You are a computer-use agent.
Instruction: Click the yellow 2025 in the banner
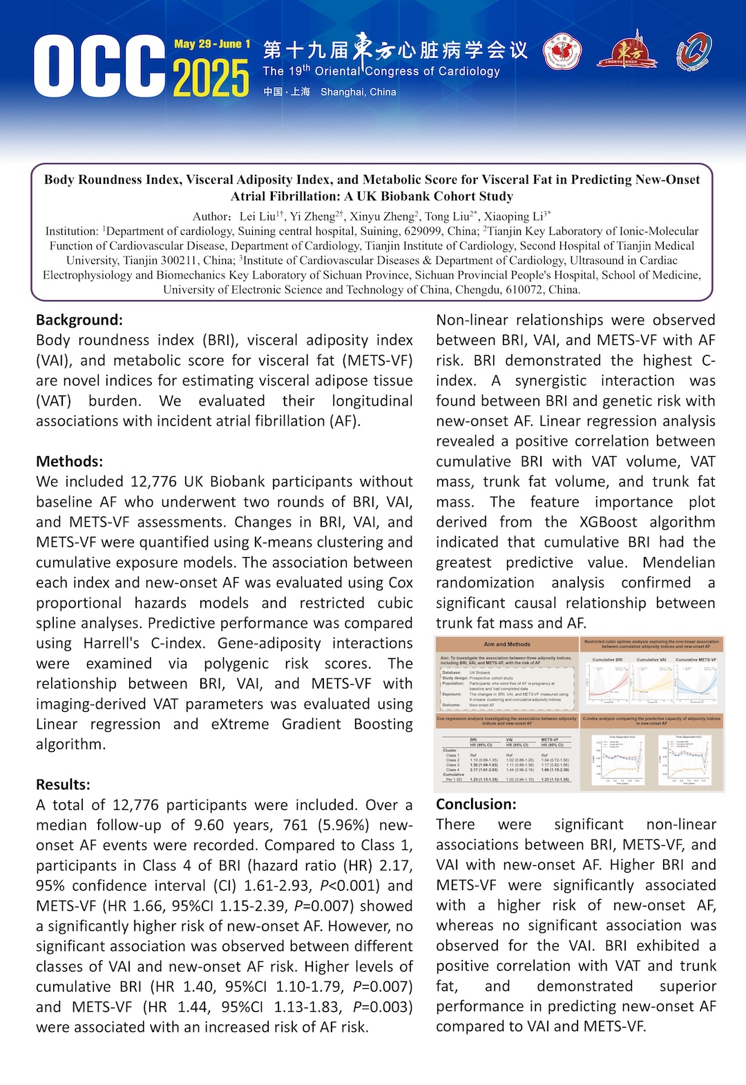[x=211, y=77]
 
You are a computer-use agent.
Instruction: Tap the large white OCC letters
[x=99, y=67]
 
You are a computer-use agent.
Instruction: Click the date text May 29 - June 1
[x=212, y=44]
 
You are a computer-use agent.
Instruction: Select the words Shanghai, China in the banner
[x=358, y=92]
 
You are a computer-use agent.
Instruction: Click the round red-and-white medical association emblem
[x=562, y=53]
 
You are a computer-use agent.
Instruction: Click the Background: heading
[x=79, y=320]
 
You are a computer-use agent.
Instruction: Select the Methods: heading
[x=69, y=461]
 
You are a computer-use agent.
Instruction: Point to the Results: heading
[x=63, y=784]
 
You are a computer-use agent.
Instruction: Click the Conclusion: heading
[x=476, y=804]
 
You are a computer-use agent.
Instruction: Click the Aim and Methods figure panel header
[x=507, y=644]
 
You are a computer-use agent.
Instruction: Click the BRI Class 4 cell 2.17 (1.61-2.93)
[x=484, y=770]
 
